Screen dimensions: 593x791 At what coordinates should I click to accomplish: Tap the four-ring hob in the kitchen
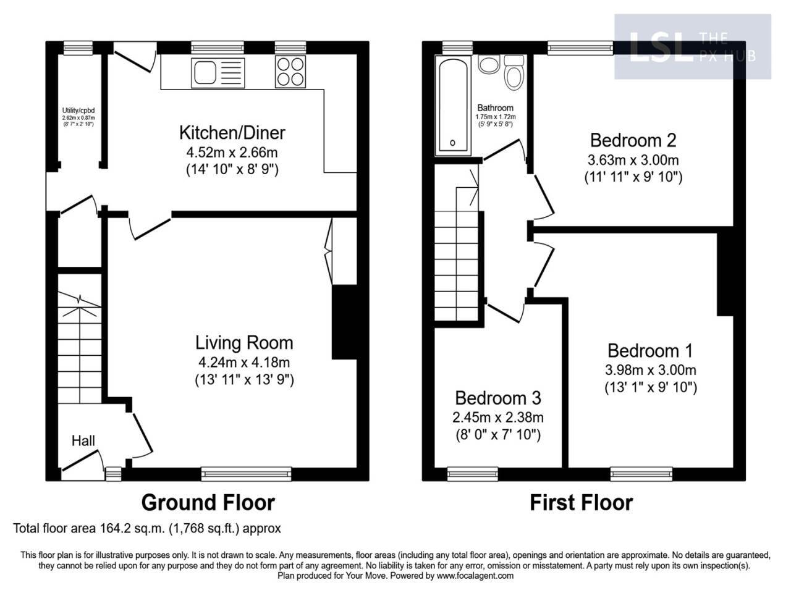point(290,72)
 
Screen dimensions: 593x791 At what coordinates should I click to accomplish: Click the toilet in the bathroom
point(514,74)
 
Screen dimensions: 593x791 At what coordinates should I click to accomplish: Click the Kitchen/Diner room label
point(232,132)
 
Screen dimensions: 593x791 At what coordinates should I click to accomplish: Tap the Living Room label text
point(244,342)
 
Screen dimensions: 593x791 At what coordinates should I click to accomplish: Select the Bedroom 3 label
point(498,397)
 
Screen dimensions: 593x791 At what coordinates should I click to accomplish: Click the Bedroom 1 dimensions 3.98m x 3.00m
point(651,370)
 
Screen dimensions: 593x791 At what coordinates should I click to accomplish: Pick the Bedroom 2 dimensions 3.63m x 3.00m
point(633,159)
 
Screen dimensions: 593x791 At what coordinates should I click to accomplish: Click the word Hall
point(83,440)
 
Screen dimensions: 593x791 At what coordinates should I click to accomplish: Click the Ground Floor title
point(208,502)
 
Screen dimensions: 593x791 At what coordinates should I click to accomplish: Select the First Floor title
point(581,502)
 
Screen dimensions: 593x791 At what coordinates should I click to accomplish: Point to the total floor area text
point(147,529)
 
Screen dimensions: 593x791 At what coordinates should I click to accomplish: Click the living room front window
point(246,474)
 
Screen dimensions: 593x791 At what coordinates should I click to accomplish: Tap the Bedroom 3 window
point(472,474)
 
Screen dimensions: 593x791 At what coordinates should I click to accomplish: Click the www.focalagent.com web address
point(475,576)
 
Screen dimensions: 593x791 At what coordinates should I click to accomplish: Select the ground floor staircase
point(78,346)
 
